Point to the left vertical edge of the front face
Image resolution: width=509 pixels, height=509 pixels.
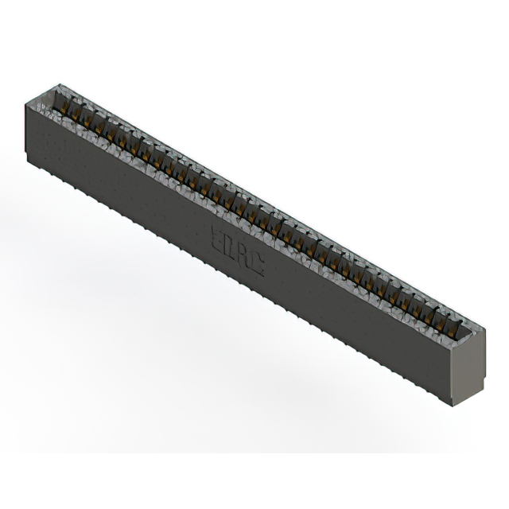coord(28,127)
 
